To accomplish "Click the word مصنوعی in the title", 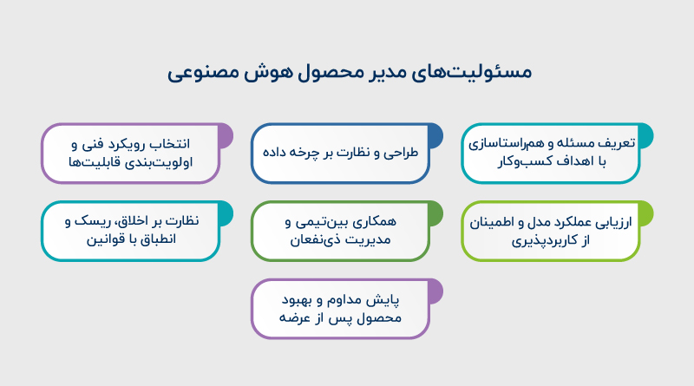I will pyautogui.click(x=203, y=72).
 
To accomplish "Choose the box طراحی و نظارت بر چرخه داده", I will pyautogui.click(x=341, y=153).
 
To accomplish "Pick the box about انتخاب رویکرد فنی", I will pyautogui.click(x=131, y=153).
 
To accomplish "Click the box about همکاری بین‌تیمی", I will pyautogui.click(x=341, y=231).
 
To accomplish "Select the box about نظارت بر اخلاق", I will pyautogui.click(x=131, y=231).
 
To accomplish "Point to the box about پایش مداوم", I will pyautogui.click(x=341, y=309).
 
